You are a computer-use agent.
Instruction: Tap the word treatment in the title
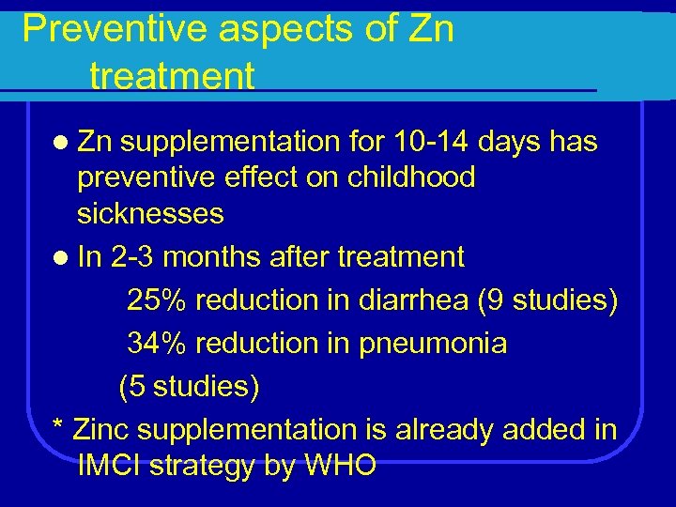172,75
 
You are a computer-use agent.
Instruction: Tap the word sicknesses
150,213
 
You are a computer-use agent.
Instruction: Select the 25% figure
157,300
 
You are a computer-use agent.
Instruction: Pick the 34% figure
157,343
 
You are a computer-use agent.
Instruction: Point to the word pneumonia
433,344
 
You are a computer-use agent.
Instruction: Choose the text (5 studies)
189,385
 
